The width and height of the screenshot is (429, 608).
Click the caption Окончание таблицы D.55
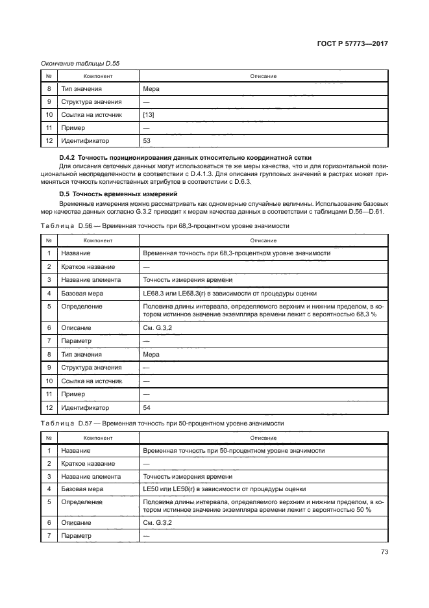pos(80,63)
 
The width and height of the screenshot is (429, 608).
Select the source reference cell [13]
pos(149,115)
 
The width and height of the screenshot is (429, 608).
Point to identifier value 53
pos(147,140)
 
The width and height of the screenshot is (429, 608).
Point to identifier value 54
pos(147,408)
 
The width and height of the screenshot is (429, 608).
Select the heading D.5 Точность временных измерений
pos(115,194)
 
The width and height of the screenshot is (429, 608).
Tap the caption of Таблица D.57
pos(162,423)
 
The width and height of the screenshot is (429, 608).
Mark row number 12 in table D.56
pos(49,408)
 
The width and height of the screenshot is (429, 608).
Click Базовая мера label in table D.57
pos(82,488)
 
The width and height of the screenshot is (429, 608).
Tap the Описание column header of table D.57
pos(263,438)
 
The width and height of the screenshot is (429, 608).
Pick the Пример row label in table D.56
pos(73,394)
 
